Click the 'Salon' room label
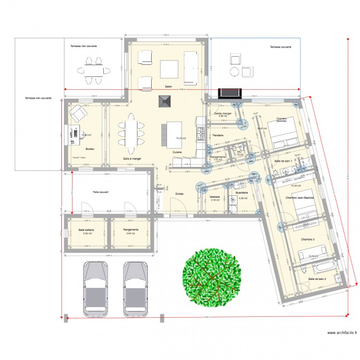(168, 87)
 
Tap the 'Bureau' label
(90, 149)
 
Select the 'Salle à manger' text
(132, 158)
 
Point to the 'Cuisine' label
(177, 152)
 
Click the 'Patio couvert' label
(101, 192)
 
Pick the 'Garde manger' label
(223, 113)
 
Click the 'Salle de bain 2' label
(317, 279)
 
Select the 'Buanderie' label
(240, 192)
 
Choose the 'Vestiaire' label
(215, 197)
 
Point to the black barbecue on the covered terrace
(230, 93)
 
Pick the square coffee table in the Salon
(169, 69)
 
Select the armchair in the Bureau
(77, 113)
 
